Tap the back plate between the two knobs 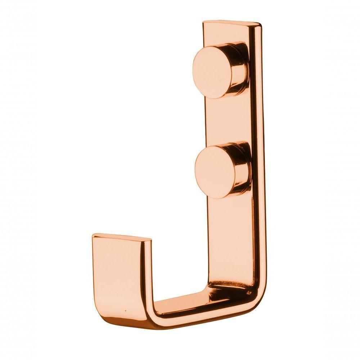pyautogui.click(x=225, y=122)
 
